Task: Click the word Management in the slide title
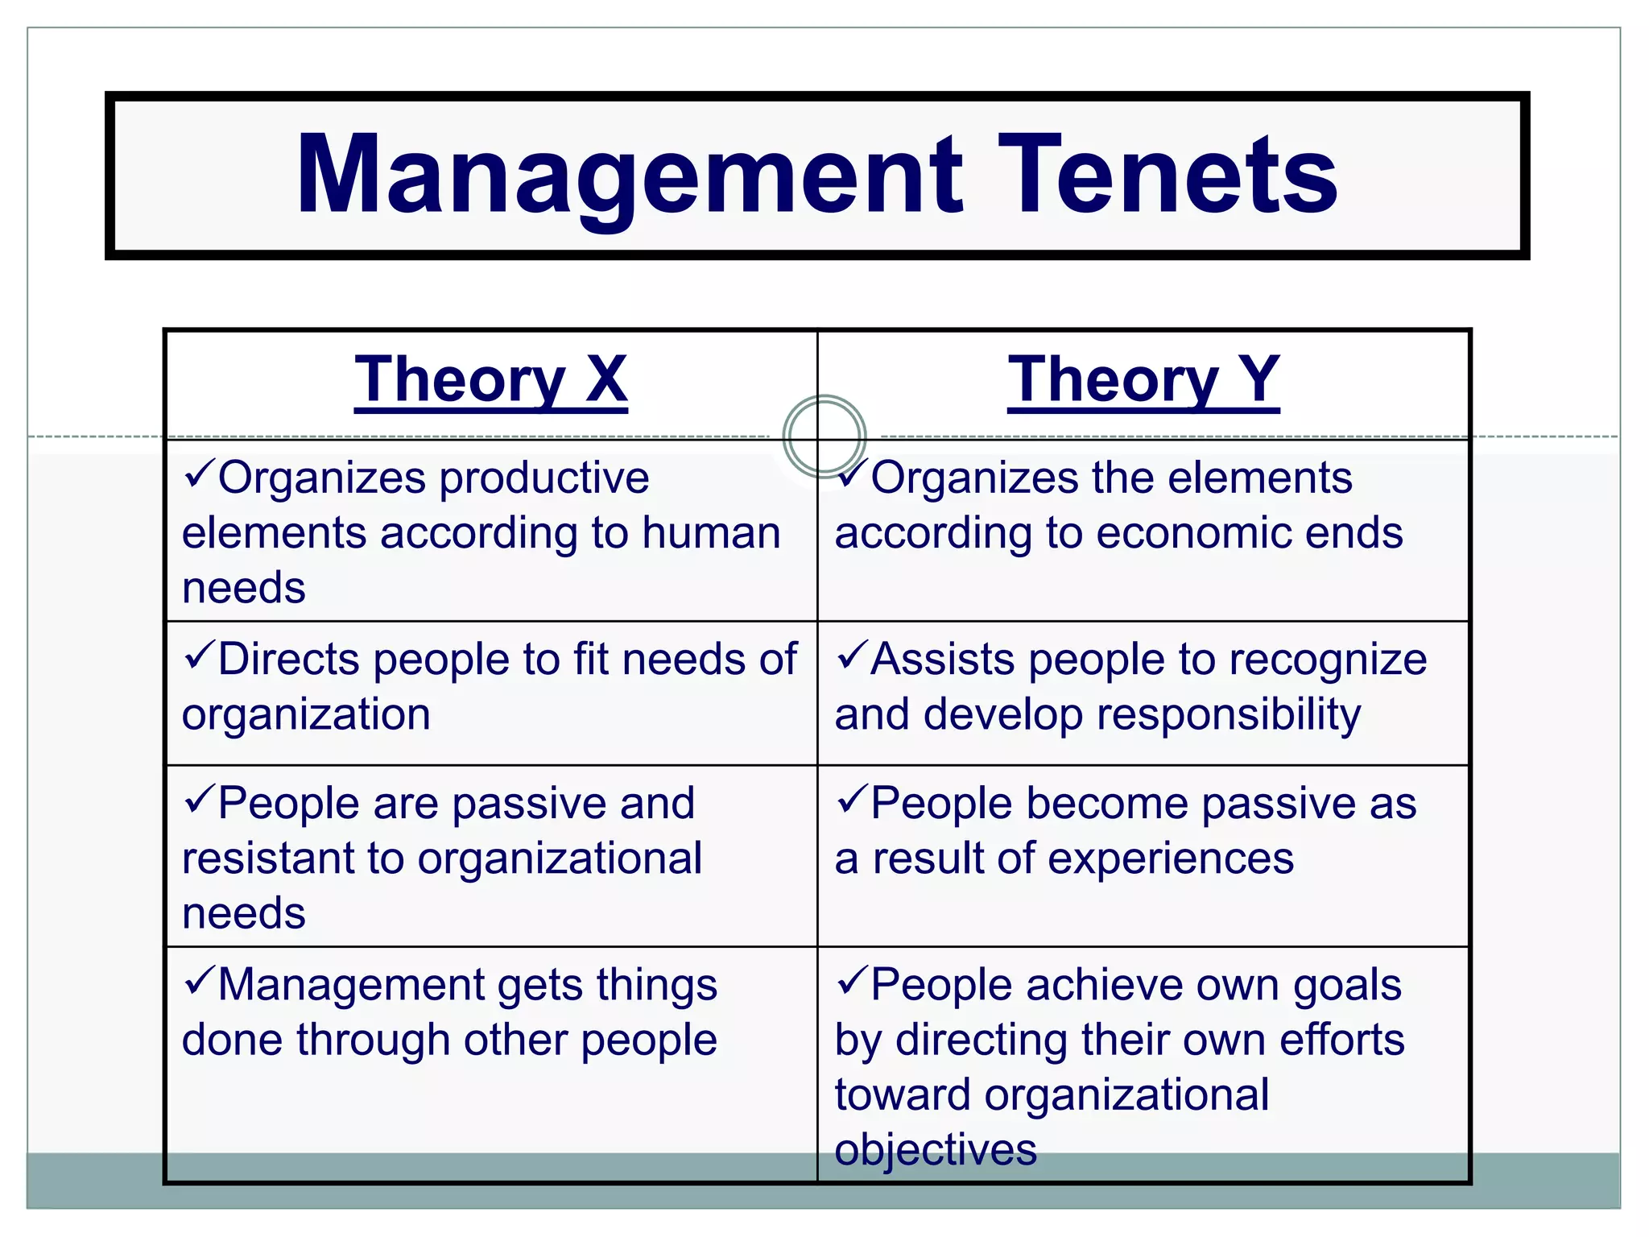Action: [629, 176]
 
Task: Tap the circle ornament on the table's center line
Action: [824, 436]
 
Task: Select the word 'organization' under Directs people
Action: [306, 715]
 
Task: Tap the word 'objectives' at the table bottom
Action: [936, 1150]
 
